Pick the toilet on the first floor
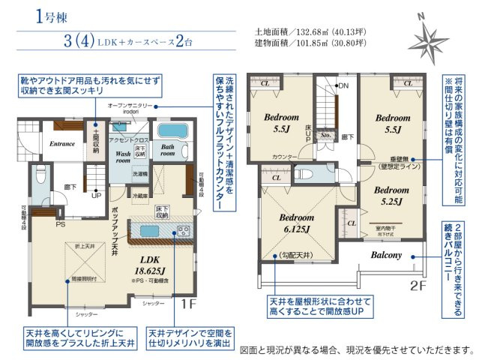pos(41,175)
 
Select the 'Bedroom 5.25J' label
pos(393,195)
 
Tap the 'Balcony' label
pos(386,255)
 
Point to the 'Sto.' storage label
pos(325,136)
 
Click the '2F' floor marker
pos(419,285)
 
